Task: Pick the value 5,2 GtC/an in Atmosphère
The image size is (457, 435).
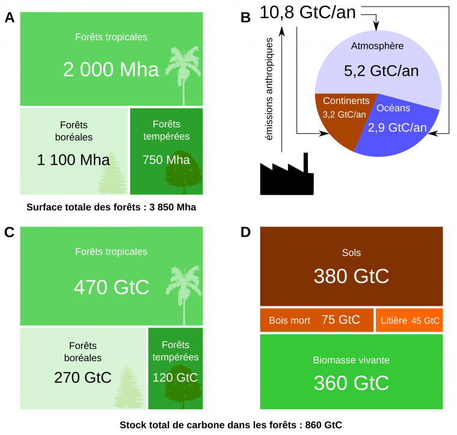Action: tap(381, 70)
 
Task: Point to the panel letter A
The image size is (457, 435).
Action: tap(10, 18)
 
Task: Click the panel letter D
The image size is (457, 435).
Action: tap(245, 232)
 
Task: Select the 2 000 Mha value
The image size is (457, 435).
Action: tap(111, 69)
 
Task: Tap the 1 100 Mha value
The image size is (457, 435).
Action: tap(73, 160)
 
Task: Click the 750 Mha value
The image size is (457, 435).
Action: tap(166, 160)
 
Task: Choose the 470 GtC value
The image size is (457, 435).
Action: tap(111, 287)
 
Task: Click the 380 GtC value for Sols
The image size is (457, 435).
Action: tap(351, 276)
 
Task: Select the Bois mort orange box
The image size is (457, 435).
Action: tap(316, 320)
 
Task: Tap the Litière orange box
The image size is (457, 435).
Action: tap(409, 320)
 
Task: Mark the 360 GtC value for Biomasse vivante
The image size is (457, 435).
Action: tap(351, 383)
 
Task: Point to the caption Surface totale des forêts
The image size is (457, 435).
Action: tap(112, 207)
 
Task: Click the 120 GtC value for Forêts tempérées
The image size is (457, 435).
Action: tap(175, 378)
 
